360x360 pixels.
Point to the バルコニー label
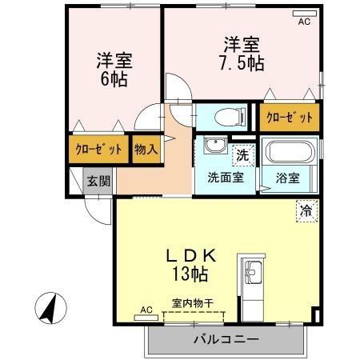click(226, 340)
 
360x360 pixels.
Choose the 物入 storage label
click(145, 149)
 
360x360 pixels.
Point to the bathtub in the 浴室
click(288, 152)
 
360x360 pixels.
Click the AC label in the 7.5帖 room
click(303, 22)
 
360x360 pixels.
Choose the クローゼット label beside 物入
click(99, 150)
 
